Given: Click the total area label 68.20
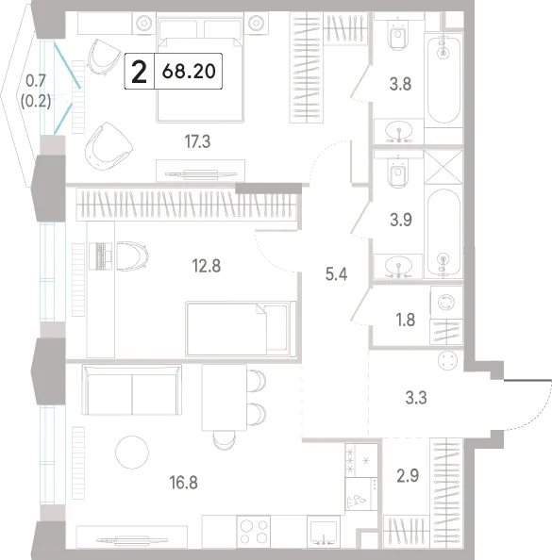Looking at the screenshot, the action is pyautogui.click(x=189, y=71).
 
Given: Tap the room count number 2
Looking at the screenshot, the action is pyautogui.click(x=139, y=72).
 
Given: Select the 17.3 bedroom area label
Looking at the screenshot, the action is pyautogui.click(x=197, y=141).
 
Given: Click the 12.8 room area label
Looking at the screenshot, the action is pyautogui.click(x=207, y=266).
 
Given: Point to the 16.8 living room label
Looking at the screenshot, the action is pyautogui.click(x=183, y=482).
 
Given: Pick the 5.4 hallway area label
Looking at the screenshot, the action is pyautogui.click(x=337, y=274).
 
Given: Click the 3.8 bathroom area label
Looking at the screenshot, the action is pyautogui.click(x=400, y=84).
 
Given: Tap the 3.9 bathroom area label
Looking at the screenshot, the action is pyautogui.click(x=401, y=220).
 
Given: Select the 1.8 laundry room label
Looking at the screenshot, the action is pyautogui.click(x=406, y=320).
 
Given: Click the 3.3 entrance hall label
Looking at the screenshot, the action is pyautogui.click(x=416, y=398).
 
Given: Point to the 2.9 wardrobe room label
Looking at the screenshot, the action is pyautogui.click(x=408, y=476).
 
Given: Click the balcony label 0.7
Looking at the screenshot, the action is pyautogui.click(x=36, y=81).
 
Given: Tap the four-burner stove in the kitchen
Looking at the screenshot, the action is pyautogui.click(x=254, y=532).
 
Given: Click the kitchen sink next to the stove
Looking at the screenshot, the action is pyautogui.click(x=324, y=532).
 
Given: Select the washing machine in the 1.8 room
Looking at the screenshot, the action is pyautogui.click(x=446, y=302).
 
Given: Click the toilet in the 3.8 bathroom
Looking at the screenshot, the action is pyautogui.click(x=398, y=35).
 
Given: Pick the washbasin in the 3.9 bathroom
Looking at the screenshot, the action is pyautogui.click(x=398, y=267).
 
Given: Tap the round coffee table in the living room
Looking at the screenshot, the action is pyautogui.click(x=132, y=452).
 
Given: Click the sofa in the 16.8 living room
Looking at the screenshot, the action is pyautogui.click(x=132, y=389).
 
